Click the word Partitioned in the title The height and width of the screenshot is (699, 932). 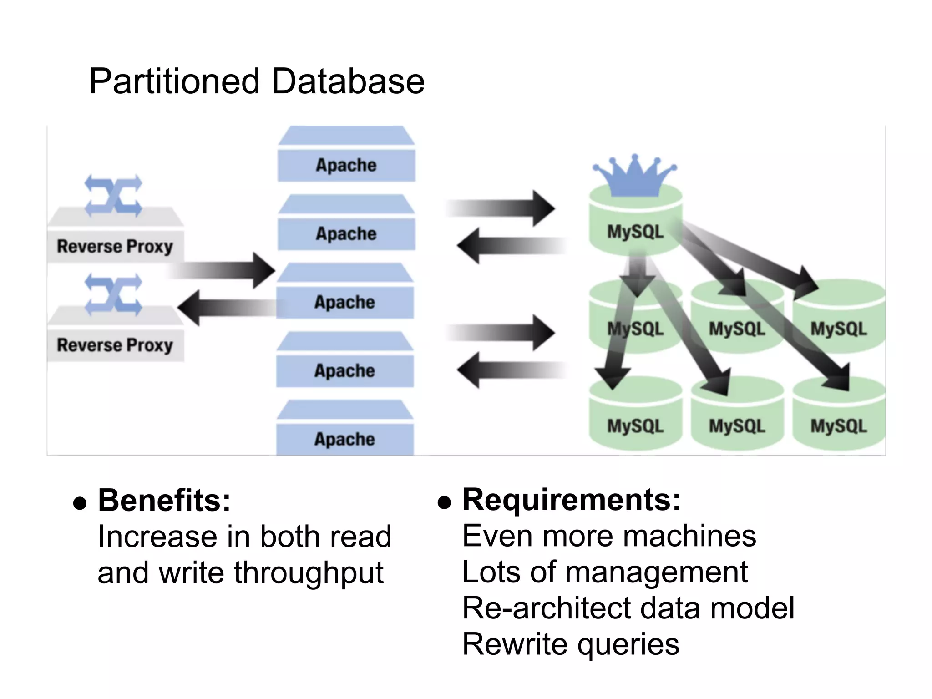pyautogui.click(x=175, y=81)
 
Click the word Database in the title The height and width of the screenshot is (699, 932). pyautogui.click(x=348, y=81)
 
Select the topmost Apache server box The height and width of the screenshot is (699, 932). pyautogui.click(x=346, y=165)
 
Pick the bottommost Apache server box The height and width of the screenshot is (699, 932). pyautogui.click(x=345, y=439)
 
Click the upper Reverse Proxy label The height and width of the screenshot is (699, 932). pyautogui.click(x=115, y=246)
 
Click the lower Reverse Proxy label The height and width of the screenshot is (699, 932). pyautogui.click(x=115, y=345)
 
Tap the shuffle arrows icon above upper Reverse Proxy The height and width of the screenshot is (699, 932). pyautogui.click(x=113, y=195)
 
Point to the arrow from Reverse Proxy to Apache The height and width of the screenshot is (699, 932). pyautogui.click(x=223, y=270)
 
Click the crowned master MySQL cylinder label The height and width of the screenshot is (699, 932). pyautogui.click(x=635, y=232)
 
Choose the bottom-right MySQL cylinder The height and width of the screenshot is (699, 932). pyautogui.click(x=838, y=425)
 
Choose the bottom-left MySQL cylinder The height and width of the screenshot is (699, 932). pyautogui.click(x=635, y=425)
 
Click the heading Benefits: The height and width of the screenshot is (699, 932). pyautogui.click(x=164, y=501)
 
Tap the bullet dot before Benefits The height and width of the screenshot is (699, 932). pyautogui.click(x=80, y=503)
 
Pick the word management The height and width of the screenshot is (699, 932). pyautogui.click(x=656, y=572)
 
